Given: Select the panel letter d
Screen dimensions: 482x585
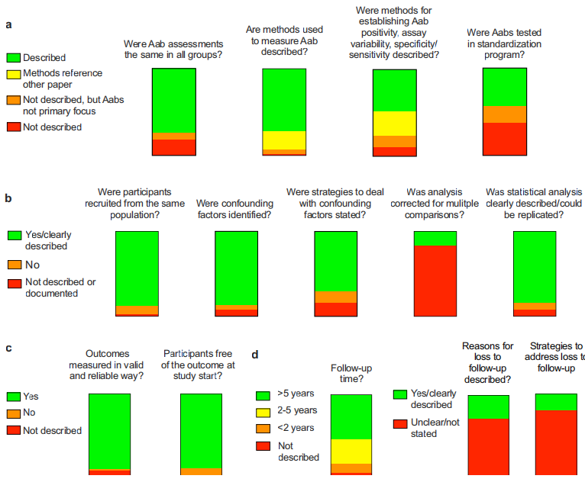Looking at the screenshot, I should click(x=255, y=354).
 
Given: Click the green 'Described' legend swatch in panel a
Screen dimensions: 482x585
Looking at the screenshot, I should click(x=13, y=57).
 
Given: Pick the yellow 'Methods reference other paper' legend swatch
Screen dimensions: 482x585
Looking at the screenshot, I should click(x=13, y=73).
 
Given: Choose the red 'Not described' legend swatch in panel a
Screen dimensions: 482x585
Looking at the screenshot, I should click(x=13, y=127).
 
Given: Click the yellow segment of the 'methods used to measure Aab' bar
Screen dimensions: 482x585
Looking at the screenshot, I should click(x=284, y=140).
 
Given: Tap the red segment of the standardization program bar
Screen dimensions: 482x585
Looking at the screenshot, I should click(x=505, y=139).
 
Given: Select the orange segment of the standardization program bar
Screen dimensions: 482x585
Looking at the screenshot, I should click(x=505, y=114).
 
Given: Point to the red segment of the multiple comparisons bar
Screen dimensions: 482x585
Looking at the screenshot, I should click(x=435, y=280).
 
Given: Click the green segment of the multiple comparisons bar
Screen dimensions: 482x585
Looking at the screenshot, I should click(x=435, y=238).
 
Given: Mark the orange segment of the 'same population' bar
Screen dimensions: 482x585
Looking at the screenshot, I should click(x=137, y=310).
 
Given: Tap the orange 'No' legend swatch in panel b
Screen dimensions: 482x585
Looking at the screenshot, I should click(x=13, y=264).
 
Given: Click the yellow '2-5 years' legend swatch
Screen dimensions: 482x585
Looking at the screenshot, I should click(x=263, y=410).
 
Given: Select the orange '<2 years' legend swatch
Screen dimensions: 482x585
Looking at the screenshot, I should click(x=263, y=427).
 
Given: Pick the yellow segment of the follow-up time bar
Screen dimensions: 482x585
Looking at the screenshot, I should click(x=351, y=451).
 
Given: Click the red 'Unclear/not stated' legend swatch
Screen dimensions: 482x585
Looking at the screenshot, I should click(x=399, y=423).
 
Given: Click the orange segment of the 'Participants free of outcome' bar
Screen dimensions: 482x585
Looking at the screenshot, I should click(x=201, y=471).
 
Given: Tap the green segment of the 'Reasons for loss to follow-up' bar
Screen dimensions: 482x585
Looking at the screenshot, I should click(x=488, y=406).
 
